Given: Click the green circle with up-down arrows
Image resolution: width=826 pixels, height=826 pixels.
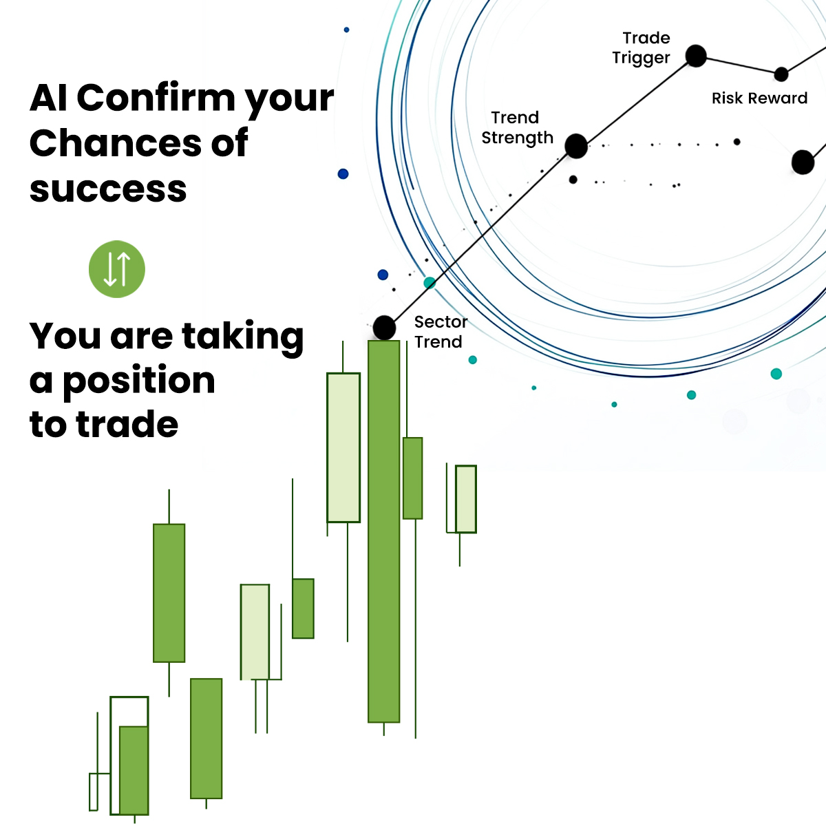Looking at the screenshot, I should click(117, 269).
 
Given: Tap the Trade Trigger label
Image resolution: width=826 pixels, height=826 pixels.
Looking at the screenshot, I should click(642, 47).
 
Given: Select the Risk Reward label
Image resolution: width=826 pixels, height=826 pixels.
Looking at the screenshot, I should click(759, 98).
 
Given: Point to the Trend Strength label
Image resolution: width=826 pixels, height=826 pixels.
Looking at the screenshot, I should click(517, 128).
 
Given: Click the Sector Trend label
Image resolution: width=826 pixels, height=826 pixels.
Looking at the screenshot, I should click(441, 332).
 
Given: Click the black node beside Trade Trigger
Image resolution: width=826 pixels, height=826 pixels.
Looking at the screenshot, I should click(696, 56).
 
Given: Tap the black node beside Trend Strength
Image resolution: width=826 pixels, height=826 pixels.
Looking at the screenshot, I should click(576, 146).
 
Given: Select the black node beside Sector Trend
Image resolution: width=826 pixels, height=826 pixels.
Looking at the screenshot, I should click(384, 328).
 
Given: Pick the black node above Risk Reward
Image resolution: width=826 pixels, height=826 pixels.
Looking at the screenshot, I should click(781, 74).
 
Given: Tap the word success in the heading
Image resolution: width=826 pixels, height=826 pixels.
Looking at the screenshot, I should click(108, 189).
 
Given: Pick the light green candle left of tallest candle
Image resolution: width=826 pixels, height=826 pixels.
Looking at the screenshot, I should click(343, 447).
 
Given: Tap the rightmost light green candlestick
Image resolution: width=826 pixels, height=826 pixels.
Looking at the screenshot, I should click(466, 499).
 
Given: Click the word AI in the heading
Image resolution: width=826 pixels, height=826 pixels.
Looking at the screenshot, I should click(49, 98).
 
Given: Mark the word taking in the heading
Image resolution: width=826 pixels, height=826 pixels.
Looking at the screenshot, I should click(242, 337).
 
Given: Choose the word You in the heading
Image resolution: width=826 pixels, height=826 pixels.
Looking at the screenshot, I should click(66, 336).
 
